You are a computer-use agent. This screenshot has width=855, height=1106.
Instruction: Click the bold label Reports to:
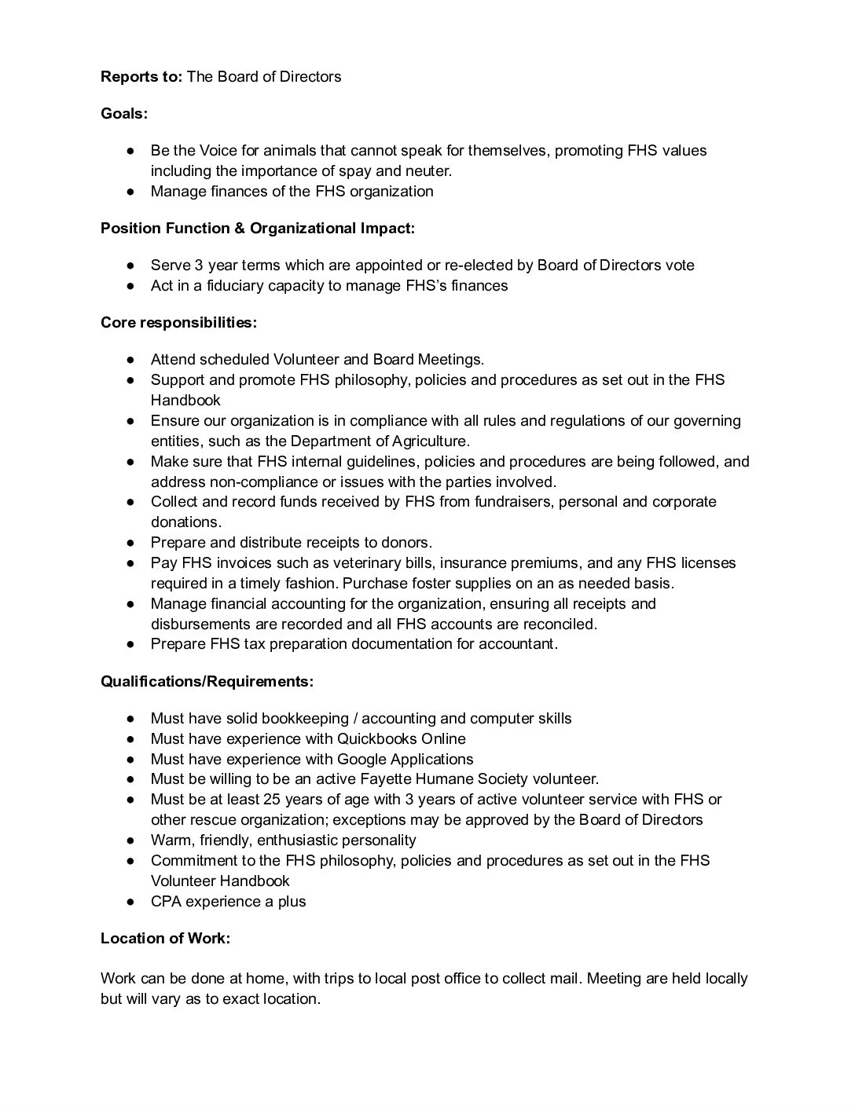click(141, 76)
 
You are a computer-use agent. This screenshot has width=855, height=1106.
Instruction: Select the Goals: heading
click(124, 113)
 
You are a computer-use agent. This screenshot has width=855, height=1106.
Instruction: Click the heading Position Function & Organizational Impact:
click(258, 228)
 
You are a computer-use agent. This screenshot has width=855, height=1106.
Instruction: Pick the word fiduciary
click(229, 285)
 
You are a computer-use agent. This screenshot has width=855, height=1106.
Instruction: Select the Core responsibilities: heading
click(178, 322)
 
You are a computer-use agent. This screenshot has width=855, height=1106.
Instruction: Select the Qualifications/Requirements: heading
click(207, 681)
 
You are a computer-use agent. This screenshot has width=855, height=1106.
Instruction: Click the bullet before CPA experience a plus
click(132, 901)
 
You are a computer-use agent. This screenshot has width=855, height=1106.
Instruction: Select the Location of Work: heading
click(165, 938)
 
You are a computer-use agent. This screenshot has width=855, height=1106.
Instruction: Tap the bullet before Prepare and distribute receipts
click(132, 542)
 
